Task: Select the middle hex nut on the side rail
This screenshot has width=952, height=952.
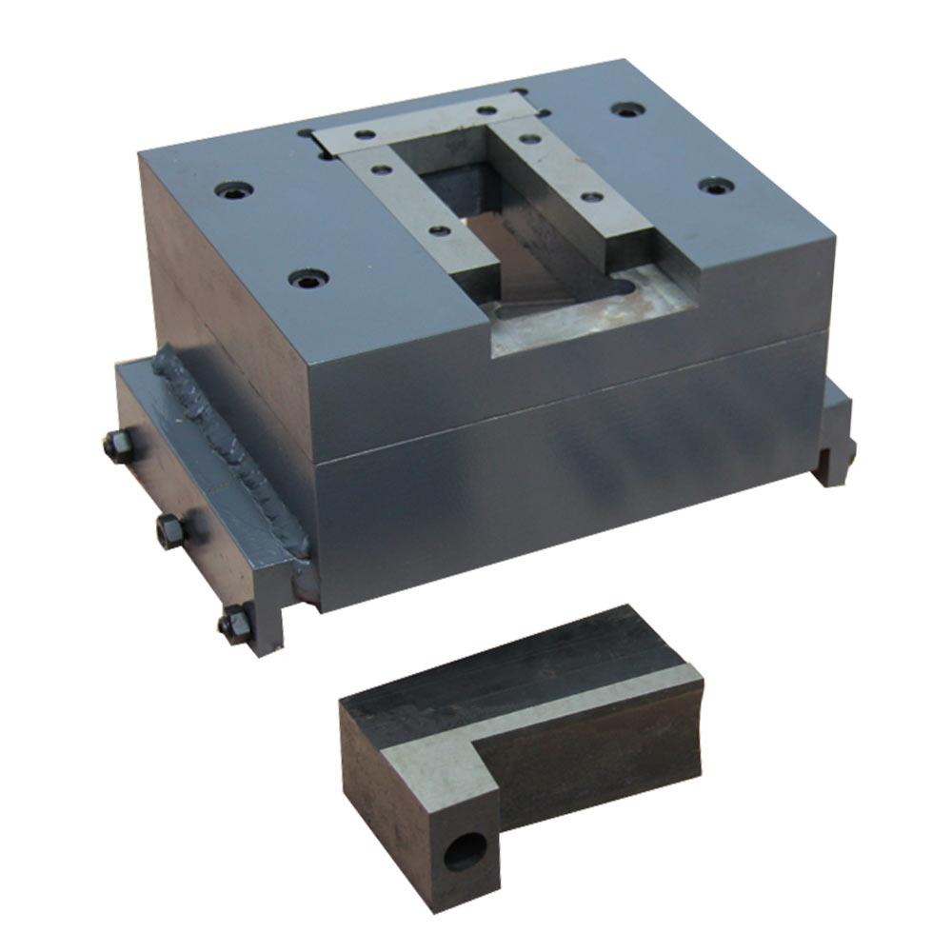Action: pos(170,529)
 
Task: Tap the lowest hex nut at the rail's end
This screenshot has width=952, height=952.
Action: pos(233,625)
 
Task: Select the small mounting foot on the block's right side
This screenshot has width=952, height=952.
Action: pos(836,438)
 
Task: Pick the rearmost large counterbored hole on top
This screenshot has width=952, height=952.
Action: pos(624,109)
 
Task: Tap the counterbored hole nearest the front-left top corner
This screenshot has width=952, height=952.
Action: pos(307,280)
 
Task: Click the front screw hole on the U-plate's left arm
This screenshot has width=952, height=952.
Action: pos(439,230)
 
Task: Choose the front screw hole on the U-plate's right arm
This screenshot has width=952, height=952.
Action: pos(591,197)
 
